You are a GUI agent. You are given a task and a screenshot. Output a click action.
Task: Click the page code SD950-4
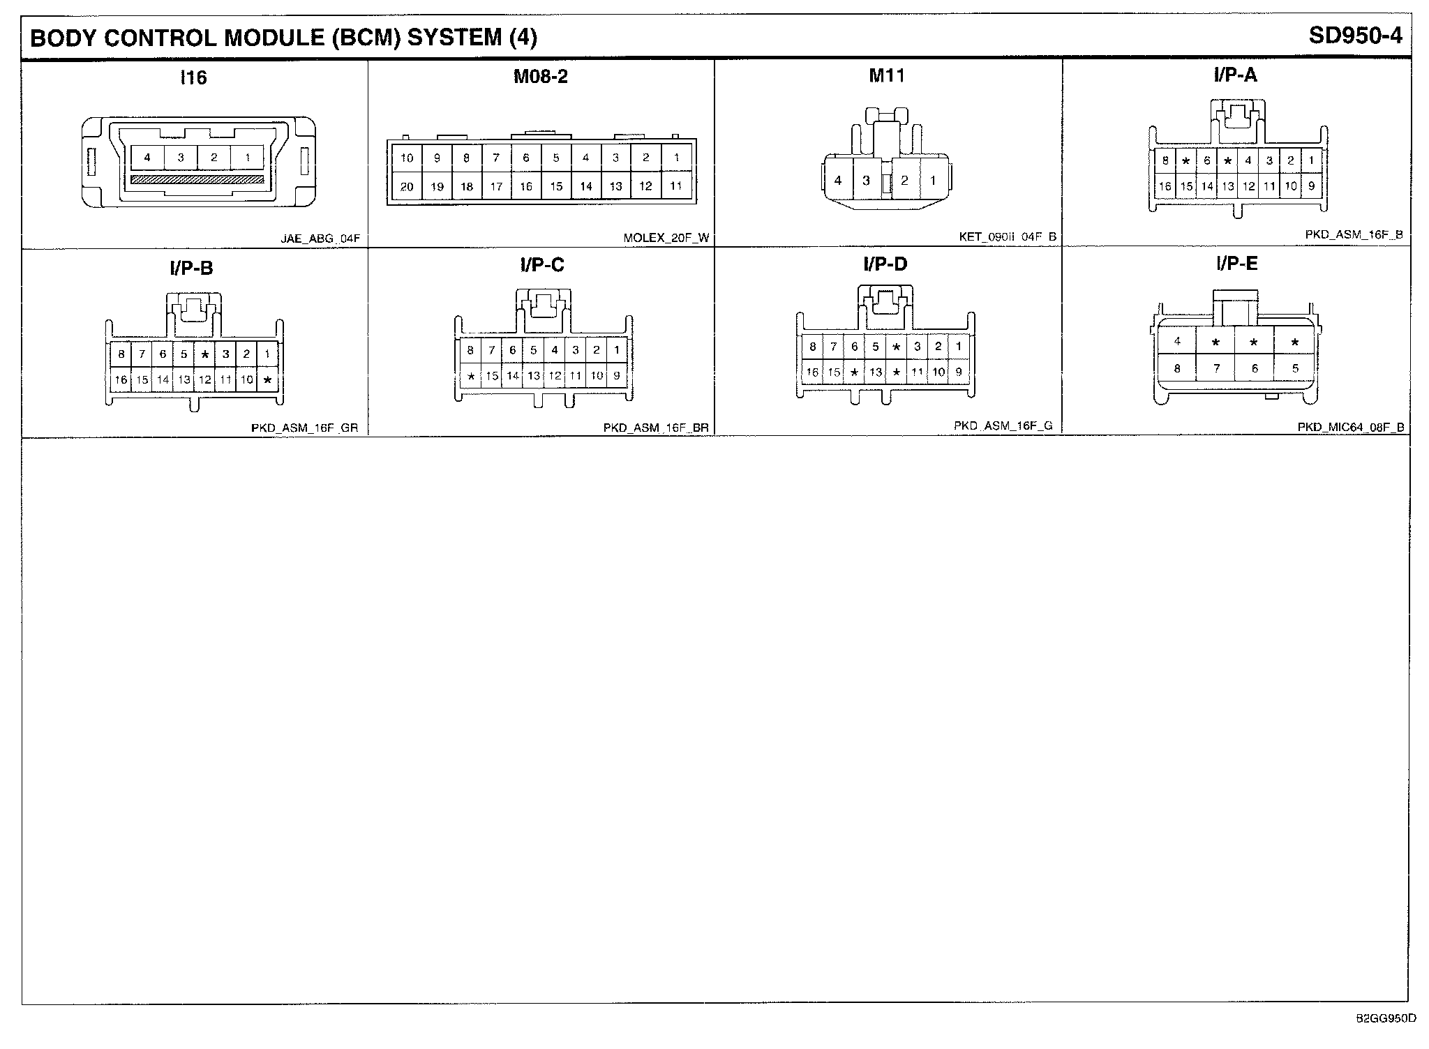point(1355,36)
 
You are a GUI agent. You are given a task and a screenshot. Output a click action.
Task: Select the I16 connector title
point(193,77)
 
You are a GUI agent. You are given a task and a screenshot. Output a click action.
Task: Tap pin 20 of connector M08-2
point(407,186)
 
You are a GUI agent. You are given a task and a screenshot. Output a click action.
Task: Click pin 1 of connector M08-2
point(676,158)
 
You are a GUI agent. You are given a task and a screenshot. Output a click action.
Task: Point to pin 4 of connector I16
point(147,158)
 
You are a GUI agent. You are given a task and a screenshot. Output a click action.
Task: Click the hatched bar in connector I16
point(197,180)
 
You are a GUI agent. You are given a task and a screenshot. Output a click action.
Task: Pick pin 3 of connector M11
point(866,181)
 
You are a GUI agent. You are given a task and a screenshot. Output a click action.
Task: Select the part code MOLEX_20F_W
point(666,239)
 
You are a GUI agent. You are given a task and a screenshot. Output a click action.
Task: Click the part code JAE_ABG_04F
point(320,239)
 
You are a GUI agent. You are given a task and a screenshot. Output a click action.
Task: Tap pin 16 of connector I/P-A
point(1165,186)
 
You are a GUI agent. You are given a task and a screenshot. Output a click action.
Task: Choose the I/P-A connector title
point(1235,75)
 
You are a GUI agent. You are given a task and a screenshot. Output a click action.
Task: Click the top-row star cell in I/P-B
point(204,354)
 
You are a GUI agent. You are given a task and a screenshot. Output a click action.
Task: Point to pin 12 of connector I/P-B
point(204,380)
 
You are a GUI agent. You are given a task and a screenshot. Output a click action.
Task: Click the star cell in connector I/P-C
point(471,376)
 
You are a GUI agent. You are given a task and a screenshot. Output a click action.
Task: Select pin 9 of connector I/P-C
point(617,376)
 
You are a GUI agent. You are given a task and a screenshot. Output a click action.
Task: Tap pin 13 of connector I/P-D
point(875,372)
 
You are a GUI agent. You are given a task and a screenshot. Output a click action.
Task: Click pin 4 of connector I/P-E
point(1177,342)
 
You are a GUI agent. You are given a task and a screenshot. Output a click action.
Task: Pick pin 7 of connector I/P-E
point(1216,368)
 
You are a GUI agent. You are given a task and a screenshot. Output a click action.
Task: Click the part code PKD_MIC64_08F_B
point(1351,428)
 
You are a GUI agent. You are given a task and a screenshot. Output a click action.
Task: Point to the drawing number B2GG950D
point(1386,1018)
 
